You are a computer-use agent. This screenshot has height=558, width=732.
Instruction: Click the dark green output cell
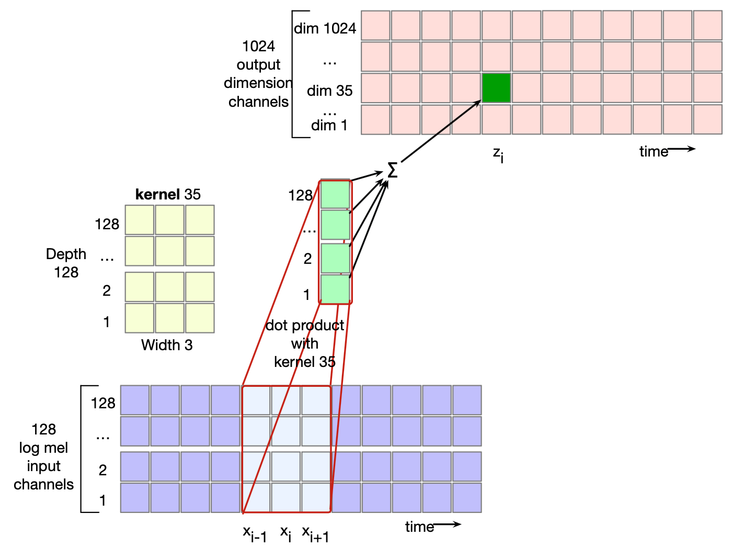tap(496, 88)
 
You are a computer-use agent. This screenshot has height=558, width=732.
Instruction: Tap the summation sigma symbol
tap(392, 170)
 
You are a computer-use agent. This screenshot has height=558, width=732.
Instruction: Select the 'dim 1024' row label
tap(325, 28)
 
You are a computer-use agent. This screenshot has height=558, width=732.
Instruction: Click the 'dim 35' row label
tap(329, 91)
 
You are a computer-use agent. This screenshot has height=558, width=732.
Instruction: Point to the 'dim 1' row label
tap(329, 125)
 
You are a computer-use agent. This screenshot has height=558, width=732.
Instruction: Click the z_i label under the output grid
tap(498, 154)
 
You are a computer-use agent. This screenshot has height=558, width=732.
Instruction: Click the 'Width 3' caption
tap(167, 345)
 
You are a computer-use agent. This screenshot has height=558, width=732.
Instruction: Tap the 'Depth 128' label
tap(66, 263)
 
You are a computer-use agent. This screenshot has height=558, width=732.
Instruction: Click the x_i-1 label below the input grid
tap(255, 534)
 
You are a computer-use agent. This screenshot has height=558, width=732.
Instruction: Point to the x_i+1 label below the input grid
tap(315, 534)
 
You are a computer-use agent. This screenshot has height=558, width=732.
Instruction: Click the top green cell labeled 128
tap(335, 194)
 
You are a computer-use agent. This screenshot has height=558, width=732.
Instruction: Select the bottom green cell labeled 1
tap(335, 288)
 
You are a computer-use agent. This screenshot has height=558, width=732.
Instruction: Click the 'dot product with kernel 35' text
tap(305, 343)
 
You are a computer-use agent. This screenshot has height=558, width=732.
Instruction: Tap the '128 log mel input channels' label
tap(43, 456)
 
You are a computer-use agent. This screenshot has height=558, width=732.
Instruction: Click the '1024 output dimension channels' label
tap(258, 74)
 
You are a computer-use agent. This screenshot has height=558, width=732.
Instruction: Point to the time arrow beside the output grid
tap(681, 149)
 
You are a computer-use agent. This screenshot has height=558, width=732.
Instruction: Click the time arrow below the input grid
tap(447, 524)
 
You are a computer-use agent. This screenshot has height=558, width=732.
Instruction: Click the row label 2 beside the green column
tap(307, 259)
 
